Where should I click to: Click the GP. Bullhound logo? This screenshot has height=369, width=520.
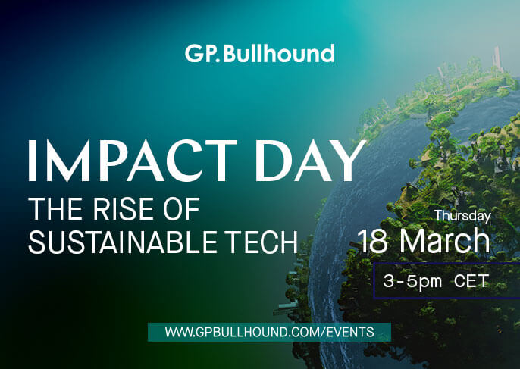(x=260, y=53)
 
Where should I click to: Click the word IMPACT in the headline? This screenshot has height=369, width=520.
(x=133, y=161)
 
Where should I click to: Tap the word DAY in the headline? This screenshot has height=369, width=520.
(x=311, y=161)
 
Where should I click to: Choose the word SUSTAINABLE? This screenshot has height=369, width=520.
(x=124, y=242)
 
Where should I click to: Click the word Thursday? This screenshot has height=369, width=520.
(x=462, y=216)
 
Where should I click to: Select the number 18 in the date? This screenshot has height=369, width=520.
(x=372, y=241)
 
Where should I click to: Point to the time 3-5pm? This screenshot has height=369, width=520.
(x=412, y=282)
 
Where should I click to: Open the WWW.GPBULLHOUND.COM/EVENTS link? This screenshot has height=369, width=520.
(x=269, y=332)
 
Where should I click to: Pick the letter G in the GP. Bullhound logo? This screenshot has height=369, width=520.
(x=193, y=54)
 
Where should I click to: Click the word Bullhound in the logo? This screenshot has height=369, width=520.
(x=279, y=53)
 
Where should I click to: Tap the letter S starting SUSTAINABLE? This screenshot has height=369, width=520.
(x=36, y=242)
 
